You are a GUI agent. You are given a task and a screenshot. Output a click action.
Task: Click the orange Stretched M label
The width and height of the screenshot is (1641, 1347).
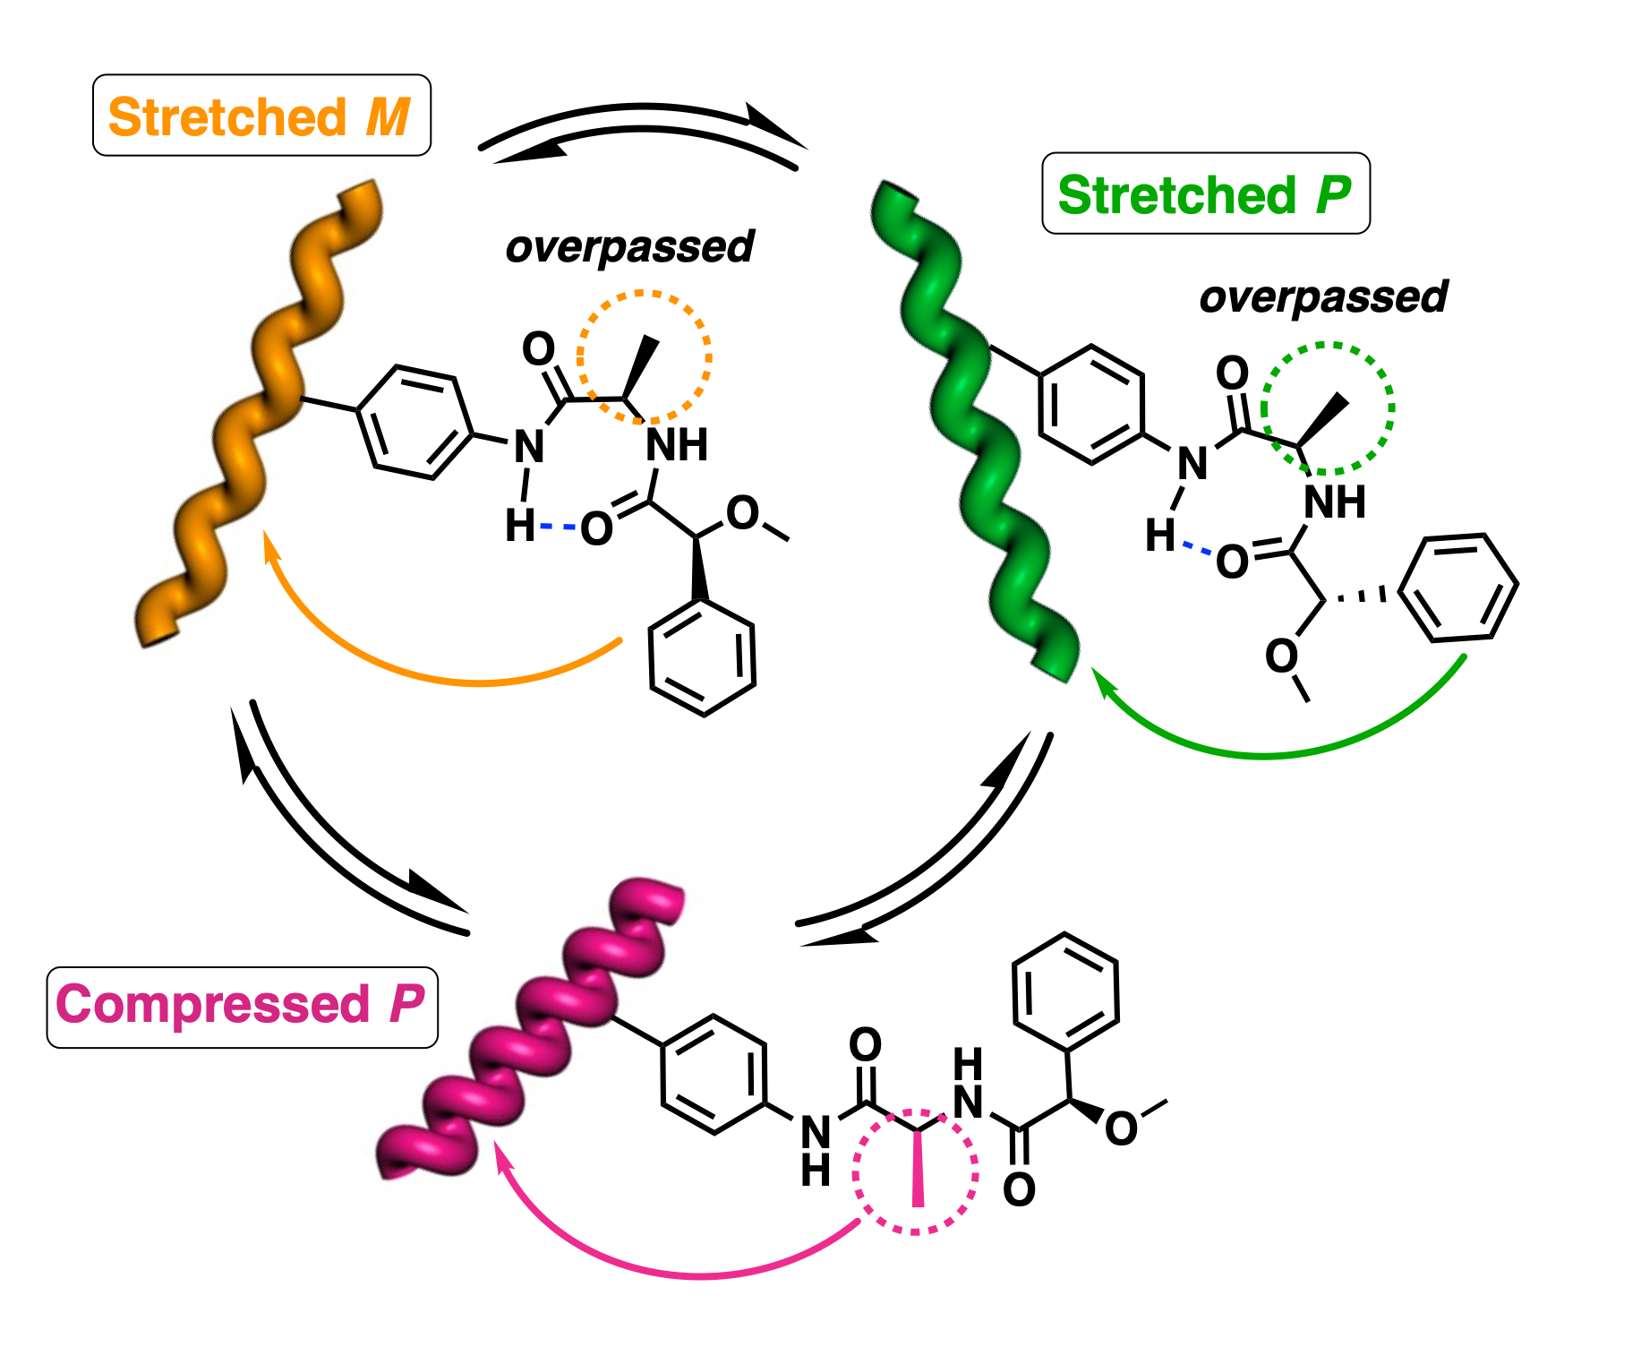click(x=261, y=116)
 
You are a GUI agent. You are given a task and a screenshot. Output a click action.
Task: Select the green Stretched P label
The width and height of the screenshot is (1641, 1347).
click(x=1205, y=194)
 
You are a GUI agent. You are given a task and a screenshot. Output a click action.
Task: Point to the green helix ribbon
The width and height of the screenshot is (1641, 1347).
click(x=976, y=430)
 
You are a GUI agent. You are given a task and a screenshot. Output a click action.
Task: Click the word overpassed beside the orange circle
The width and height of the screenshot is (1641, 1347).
click(x=629, y=247)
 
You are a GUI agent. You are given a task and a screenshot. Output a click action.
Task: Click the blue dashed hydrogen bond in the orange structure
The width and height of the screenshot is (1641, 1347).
click(x=558, y=527)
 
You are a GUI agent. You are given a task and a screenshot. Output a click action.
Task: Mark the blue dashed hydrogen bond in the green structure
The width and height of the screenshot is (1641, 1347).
click(x=1197, y=548)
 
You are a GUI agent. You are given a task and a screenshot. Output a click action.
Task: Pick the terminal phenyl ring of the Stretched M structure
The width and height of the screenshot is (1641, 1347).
click(x=703, y=658)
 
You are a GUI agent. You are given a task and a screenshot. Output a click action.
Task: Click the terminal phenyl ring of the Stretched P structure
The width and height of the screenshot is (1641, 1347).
click(x=1458, y=588)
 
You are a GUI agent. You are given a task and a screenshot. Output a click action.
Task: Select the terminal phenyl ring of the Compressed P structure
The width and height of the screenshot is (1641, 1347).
click(x=1065, y=992)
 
